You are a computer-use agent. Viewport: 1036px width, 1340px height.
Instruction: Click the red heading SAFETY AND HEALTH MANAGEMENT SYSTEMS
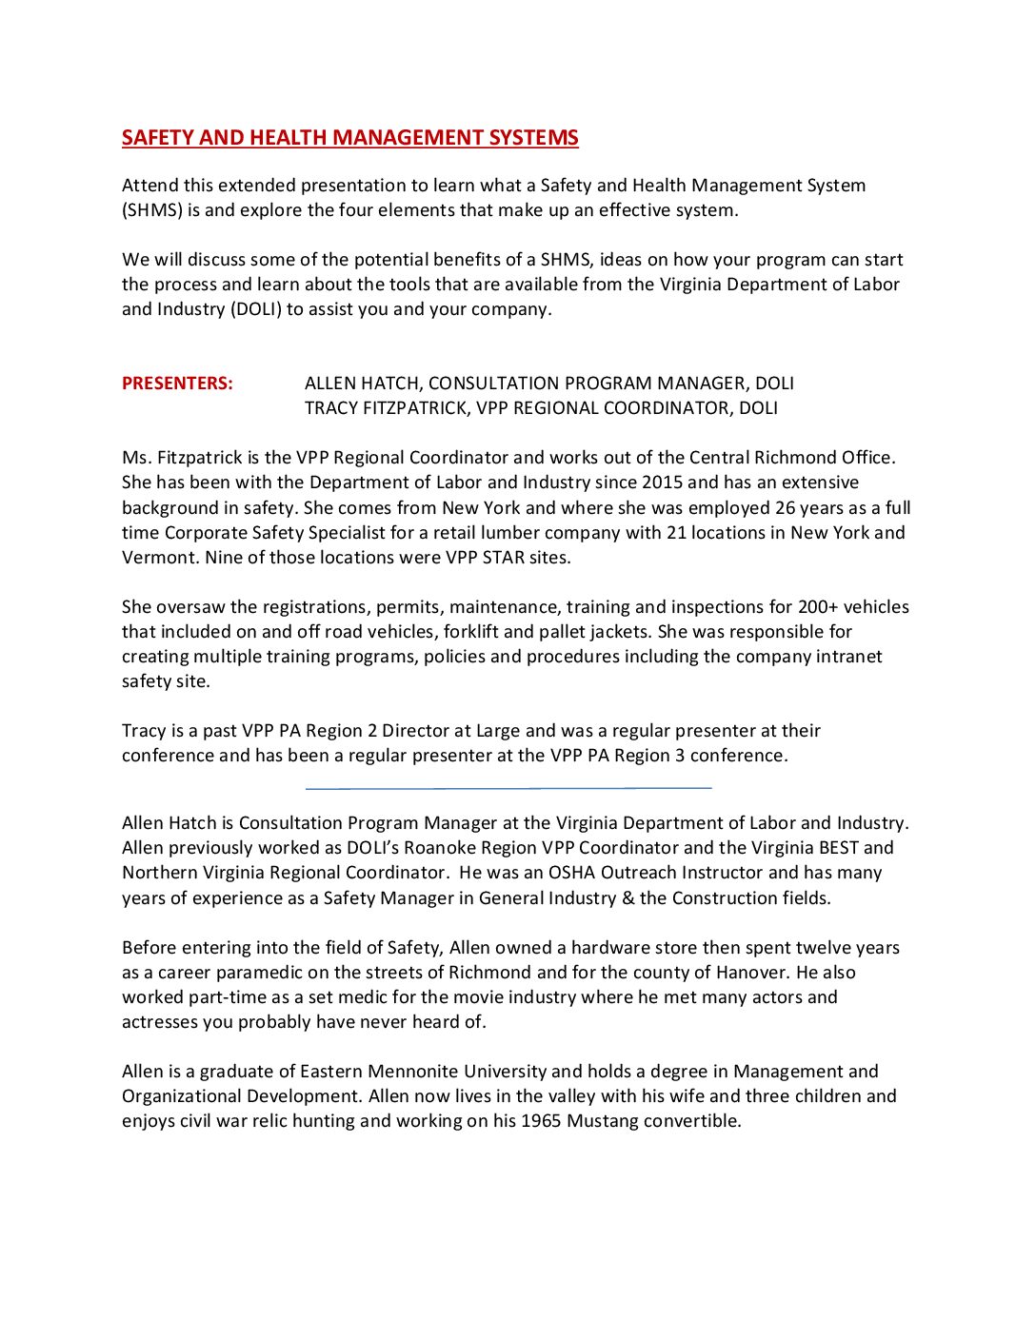[349, 138]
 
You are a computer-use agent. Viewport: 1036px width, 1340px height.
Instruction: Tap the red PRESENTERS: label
[177, 384]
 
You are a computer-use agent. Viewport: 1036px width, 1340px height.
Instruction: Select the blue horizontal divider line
[508, 788]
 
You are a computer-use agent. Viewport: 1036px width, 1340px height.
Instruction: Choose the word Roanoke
[436, 848]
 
